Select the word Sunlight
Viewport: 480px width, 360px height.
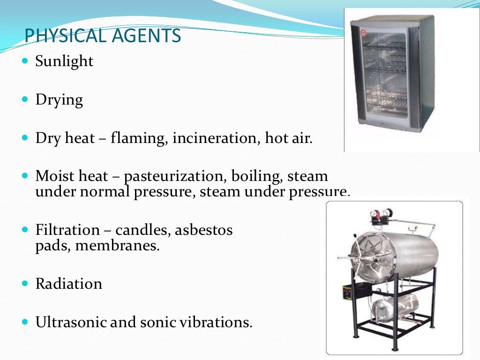[x=64, y=61]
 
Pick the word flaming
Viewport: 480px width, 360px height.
[x=139, y=139]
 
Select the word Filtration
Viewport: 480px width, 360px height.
[x=67, y=230]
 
